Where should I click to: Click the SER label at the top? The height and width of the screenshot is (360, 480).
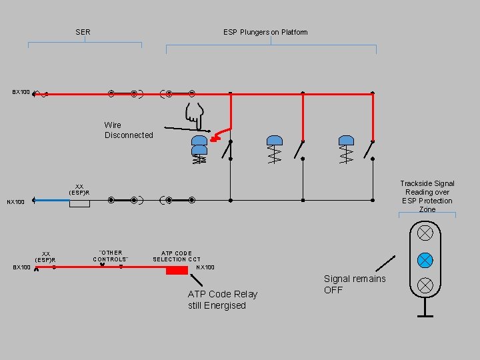[83, 32]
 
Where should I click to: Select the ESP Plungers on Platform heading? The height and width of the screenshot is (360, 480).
[265, 32]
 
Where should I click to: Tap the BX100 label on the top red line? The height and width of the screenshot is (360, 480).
[21, 92]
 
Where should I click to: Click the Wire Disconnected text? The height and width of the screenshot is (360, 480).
[129, 130]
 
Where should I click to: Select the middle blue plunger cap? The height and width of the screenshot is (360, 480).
[275, 140]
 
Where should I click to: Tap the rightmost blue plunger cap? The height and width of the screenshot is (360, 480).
[346, 140]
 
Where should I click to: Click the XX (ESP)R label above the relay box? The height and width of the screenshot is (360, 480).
[79, 189]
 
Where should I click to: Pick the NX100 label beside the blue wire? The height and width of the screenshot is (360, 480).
[15, 202]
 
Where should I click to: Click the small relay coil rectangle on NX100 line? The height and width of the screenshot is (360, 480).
[79, 203]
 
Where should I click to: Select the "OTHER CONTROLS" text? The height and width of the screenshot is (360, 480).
[111, 256]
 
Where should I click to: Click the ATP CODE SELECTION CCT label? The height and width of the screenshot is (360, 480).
[177, 256]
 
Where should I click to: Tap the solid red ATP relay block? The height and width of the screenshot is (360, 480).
[177, 270]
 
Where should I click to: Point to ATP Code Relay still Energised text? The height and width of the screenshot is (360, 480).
[222, 300]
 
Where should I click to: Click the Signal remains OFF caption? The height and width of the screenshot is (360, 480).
[355, 284]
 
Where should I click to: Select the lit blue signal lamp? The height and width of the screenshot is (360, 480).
[425, 259]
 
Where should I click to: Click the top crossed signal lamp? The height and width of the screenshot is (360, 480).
[425, 233]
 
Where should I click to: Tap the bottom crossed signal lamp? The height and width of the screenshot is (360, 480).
[425, 285]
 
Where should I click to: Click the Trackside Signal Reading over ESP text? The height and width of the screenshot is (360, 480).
[427, 196]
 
